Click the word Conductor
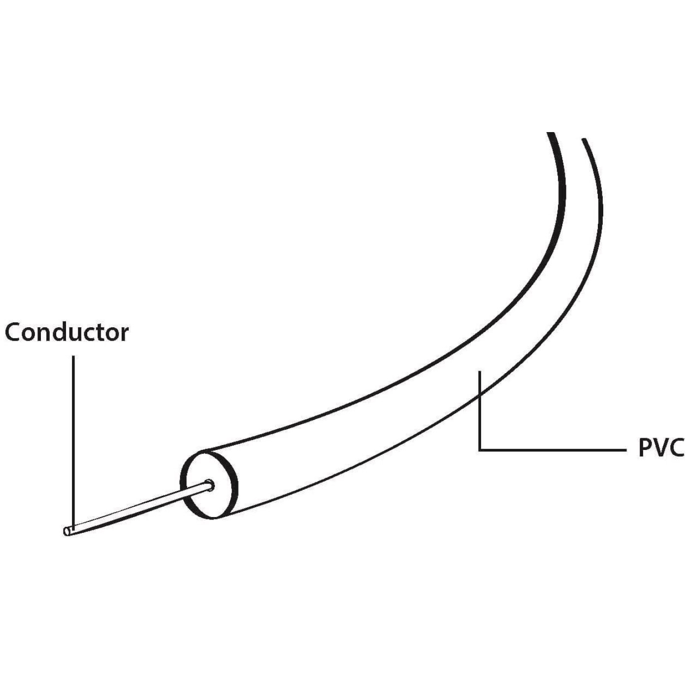pos(67,333)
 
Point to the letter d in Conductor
pos(60,332)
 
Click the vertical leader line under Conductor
pos(73,442)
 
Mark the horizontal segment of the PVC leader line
pos(552,449)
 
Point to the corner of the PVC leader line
pos(480,450)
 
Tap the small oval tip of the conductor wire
pos(67,531)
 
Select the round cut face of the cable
pos(209,484)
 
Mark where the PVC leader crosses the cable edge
pos(480,396)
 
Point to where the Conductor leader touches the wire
pos(73,528)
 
